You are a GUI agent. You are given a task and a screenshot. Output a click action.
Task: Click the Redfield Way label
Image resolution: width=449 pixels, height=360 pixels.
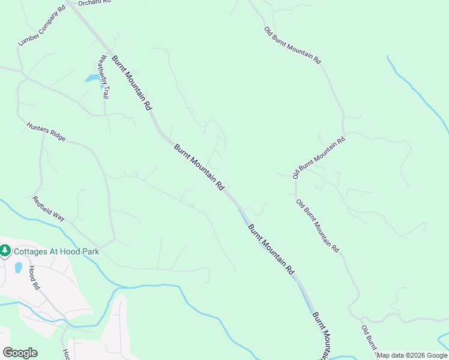tap(49, 208)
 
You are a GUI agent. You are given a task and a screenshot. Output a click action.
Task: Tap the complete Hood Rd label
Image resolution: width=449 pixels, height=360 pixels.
tap(34, 278)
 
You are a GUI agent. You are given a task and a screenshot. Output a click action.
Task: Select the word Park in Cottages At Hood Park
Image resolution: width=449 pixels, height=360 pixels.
tap(88, 251)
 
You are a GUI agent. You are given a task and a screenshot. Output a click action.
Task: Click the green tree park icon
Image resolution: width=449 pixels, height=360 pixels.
tap(5, 250)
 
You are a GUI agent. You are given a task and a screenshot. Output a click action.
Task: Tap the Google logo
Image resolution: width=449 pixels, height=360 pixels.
tap(20, 353)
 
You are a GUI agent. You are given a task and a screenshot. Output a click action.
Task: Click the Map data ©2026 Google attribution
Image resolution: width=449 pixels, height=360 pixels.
tap(412, 355)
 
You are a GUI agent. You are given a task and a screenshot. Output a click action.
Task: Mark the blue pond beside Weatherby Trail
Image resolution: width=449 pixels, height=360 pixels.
tap(92, 79)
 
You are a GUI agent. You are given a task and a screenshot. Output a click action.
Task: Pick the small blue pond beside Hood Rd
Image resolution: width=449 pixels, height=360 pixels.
tap(19, 268)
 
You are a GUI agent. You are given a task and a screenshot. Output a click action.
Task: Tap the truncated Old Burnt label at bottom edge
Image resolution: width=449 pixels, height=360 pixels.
tap(369, 341)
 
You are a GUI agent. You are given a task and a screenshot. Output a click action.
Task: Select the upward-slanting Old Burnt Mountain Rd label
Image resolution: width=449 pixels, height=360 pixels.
tap(319, 158)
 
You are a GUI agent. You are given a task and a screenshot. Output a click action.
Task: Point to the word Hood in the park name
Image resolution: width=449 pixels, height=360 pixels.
tap(73, 251)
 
